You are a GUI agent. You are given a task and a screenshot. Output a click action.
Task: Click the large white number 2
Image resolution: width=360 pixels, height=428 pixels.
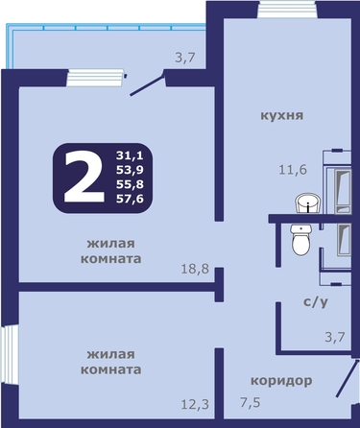point(84,177)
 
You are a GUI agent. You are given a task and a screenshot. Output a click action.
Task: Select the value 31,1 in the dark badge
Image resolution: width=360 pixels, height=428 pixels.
point(130,155)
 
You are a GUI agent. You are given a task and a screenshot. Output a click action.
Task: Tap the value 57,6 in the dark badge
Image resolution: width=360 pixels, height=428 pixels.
point(130,199)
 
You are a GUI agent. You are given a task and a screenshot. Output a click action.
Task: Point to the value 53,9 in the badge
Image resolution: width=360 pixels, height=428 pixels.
point(130,170)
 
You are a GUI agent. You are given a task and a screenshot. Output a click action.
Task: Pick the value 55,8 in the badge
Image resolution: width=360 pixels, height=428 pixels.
point(130,184)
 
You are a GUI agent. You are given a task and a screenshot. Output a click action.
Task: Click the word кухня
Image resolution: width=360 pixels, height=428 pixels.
point(282,115)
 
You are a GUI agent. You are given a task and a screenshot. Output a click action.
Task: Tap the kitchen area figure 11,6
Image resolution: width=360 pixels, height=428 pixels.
point(293,169)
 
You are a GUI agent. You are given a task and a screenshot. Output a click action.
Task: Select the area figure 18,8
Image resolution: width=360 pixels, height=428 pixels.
point(195,269)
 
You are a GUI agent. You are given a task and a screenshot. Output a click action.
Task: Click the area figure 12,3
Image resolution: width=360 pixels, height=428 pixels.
point(195,404)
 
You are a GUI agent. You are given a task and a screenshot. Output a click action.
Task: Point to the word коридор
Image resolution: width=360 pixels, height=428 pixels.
point(281,381)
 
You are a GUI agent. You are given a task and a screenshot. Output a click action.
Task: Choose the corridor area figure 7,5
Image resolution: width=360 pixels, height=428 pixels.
point(251,402)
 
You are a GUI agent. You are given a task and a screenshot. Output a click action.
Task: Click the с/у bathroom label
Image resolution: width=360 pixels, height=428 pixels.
point(316,301)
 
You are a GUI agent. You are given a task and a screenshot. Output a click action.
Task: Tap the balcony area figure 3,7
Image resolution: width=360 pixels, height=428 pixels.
point(185,58)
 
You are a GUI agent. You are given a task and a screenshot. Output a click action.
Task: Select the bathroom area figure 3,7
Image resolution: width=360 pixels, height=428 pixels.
point(335,337)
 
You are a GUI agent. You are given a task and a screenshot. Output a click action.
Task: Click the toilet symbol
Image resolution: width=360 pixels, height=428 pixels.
point(301,239)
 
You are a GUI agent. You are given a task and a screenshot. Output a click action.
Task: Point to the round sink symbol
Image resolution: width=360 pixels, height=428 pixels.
point(308,202)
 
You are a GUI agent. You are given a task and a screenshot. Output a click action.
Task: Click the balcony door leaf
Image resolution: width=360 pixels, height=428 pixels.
point(147,84)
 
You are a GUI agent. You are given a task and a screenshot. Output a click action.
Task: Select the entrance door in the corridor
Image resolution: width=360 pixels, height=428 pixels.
point(347,378)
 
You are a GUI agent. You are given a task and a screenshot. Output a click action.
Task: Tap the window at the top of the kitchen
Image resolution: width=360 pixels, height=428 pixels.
point(287,10)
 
